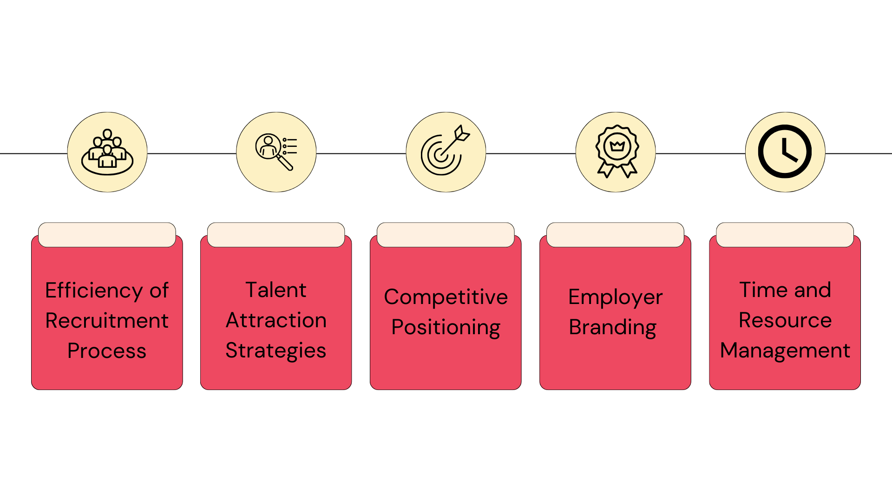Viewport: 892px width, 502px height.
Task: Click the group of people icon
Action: [107, 152]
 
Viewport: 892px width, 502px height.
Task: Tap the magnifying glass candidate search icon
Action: [276, 152]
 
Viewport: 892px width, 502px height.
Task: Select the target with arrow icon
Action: [445, 151]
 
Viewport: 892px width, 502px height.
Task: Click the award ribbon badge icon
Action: [617, 151]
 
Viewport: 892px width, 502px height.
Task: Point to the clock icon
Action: [785, 152]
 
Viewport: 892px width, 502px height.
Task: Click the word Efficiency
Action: [94, 291]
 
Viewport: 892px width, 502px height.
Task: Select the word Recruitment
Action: [107, 321]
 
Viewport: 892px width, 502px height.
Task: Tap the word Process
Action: [107, 351]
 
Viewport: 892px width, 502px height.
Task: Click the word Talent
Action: [276, 290]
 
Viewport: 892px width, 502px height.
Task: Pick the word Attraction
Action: [276, 320]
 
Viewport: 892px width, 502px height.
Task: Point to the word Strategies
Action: [276, 351]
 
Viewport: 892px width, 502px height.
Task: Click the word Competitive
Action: [446, 297]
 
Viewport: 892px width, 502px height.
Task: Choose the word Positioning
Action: [446, 328]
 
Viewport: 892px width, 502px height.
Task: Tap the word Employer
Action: [615, 297]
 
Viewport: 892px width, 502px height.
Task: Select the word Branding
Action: [612, 328]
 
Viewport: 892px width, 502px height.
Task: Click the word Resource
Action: [785, 320]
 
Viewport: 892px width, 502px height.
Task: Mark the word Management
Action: [785, 351]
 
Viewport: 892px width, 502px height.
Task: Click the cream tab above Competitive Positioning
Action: [446, 235]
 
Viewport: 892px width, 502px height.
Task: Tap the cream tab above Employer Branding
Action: [615, 235]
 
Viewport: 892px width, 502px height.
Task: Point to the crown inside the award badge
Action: [617, 146]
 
